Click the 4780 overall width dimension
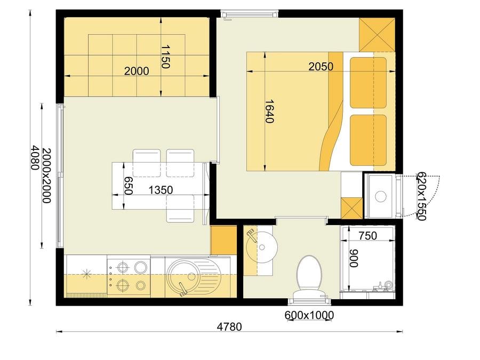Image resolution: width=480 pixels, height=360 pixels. [x=229, y=326]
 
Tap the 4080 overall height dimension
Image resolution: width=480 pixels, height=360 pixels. [x=35, y=157]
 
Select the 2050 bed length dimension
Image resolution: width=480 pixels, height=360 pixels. [x=321, y=67]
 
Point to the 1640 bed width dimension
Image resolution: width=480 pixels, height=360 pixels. [x=269, y=111]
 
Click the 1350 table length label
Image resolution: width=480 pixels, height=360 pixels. [x=161, y=190]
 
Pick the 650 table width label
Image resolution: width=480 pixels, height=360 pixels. [x=128, y=186]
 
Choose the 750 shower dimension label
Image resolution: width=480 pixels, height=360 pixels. [x=367, y=236]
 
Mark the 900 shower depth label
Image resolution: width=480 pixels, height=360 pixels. [x=354, y=258]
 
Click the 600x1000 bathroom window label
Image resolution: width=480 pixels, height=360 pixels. [x=309, y=315]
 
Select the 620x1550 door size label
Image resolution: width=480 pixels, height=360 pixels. [x=421, y=196]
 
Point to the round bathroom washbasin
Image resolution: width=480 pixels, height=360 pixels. [x=262, y=247]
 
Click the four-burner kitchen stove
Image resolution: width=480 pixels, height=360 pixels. [x=129, y=276]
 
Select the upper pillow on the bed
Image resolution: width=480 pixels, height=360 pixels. [x=368, y=83]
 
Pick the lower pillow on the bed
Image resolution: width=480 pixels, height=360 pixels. [x=368, y=140]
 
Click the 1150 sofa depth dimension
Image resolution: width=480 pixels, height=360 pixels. [x=165, y=57]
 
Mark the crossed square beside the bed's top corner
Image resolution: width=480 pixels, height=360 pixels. [x=377, y=35]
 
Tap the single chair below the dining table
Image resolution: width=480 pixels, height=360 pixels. [x=180, y=209]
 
